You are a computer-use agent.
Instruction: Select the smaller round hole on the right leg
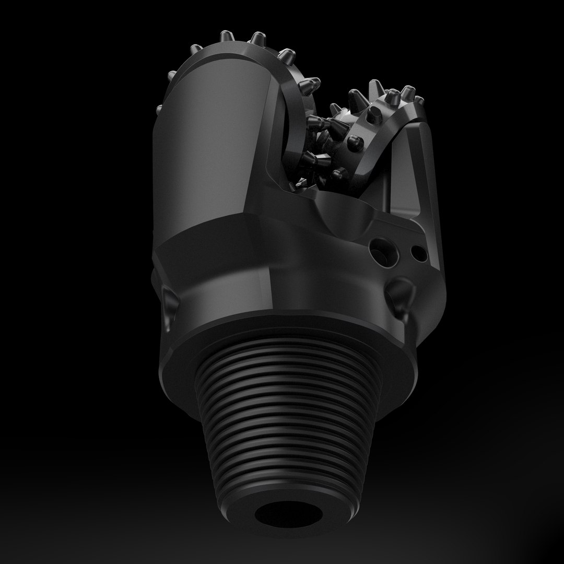click(x=417, y=253)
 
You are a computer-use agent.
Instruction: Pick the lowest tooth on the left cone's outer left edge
click(x=159, y=110)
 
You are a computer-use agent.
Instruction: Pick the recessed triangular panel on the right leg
click(x=413, y=172)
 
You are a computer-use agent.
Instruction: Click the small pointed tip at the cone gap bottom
click(x=301, y=182)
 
